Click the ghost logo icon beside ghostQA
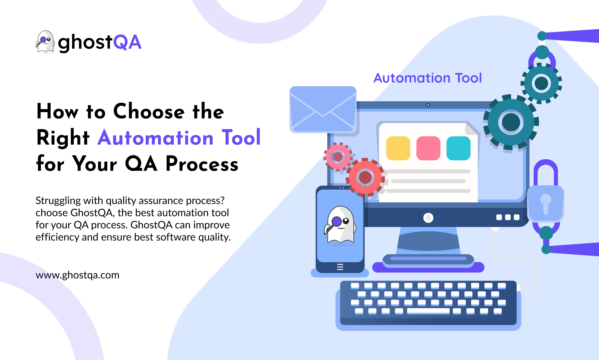(45, 42)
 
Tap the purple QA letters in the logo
(127, 42)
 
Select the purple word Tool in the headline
(241, 137)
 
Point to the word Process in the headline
(202, 164)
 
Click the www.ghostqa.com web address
(77, 275)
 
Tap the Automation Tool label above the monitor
(428, 78)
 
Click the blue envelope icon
(323, 109)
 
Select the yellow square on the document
(398, 148)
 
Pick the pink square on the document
(428, 148)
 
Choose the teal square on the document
(458, 148)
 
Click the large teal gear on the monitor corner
(511, 122)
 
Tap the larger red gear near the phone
(365, 178)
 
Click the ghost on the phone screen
(340, 225)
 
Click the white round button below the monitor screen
(428, 218)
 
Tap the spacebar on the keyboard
(428, 311)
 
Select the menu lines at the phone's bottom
(340, 267)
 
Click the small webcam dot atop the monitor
(428, 105)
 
